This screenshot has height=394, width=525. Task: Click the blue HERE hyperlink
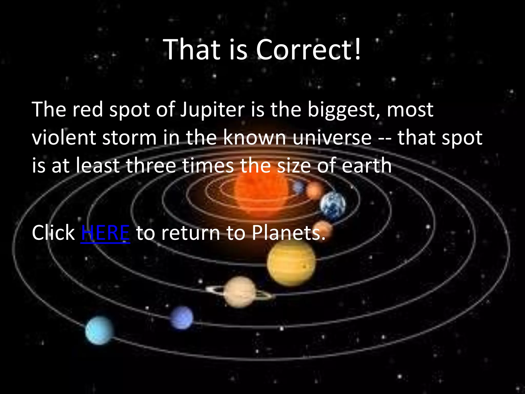pos(105,233)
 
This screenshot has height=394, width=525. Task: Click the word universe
pos(332,138)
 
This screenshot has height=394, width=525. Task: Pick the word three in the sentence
pos(151,166)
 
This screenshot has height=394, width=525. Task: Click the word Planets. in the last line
pos(288,233)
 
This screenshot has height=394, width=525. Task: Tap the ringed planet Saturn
pos(240,292)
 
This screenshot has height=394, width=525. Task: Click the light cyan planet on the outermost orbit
pos(99,330)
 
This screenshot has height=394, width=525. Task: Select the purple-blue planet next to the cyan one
pos(182,318)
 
